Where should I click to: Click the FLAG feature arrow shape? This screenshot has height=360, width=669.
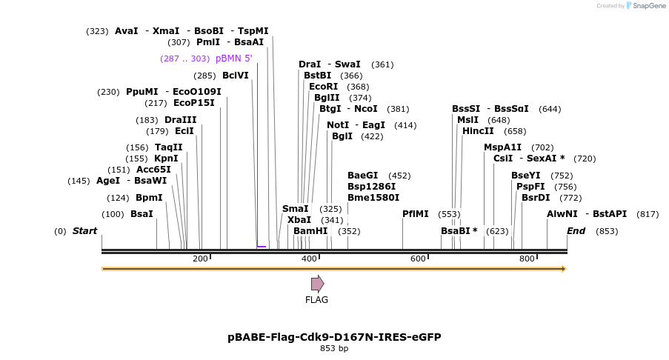pos(317,284)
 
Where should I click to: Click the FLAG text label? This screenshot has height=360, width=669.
pos(316,300)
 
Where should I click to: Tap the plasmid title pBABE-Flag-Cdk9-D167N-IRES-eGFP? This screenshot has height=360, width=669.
pos(334,337)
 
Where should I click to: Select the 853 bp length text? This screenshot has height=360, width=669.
pos(334,348)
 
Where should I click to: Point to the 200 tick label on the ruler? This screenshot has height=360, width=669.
pos(200,259)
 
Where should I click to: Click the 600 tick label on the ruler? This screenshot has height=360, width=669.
pos(418,259)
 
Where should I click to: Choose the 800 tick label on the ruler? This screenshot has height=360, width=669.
pos(527,259)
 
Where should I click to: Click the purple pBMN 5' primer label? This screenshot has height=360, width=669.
pos(234,59)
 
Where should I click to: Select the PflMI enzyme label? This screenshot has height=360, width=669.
pos(416,214)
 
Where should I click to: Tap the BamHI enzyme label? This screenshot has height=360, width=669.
pos(310,231)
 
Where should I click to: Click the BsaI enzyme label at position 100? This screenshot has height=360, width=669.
pos(142,214)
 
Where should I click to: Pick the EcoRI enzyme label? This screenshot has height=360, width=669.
pos(323,87)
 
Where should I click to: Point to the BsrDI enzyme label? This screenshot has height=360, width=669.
pos(536,198)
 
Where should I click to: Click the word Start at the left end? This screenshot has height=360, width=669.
pos(84,231)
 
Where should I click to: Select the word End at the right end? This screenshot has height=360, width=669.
pos(576,231)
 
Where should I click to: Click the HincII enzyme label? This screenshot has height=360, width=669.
pos(478,131)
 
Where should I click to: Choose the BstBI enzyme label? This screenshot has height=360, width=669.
pos(317,76)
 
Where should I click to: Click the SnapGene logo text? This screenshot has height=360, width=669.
pos(646,6)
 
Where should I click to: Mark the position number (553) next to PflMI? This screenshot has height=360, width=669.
pos(449,214)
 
